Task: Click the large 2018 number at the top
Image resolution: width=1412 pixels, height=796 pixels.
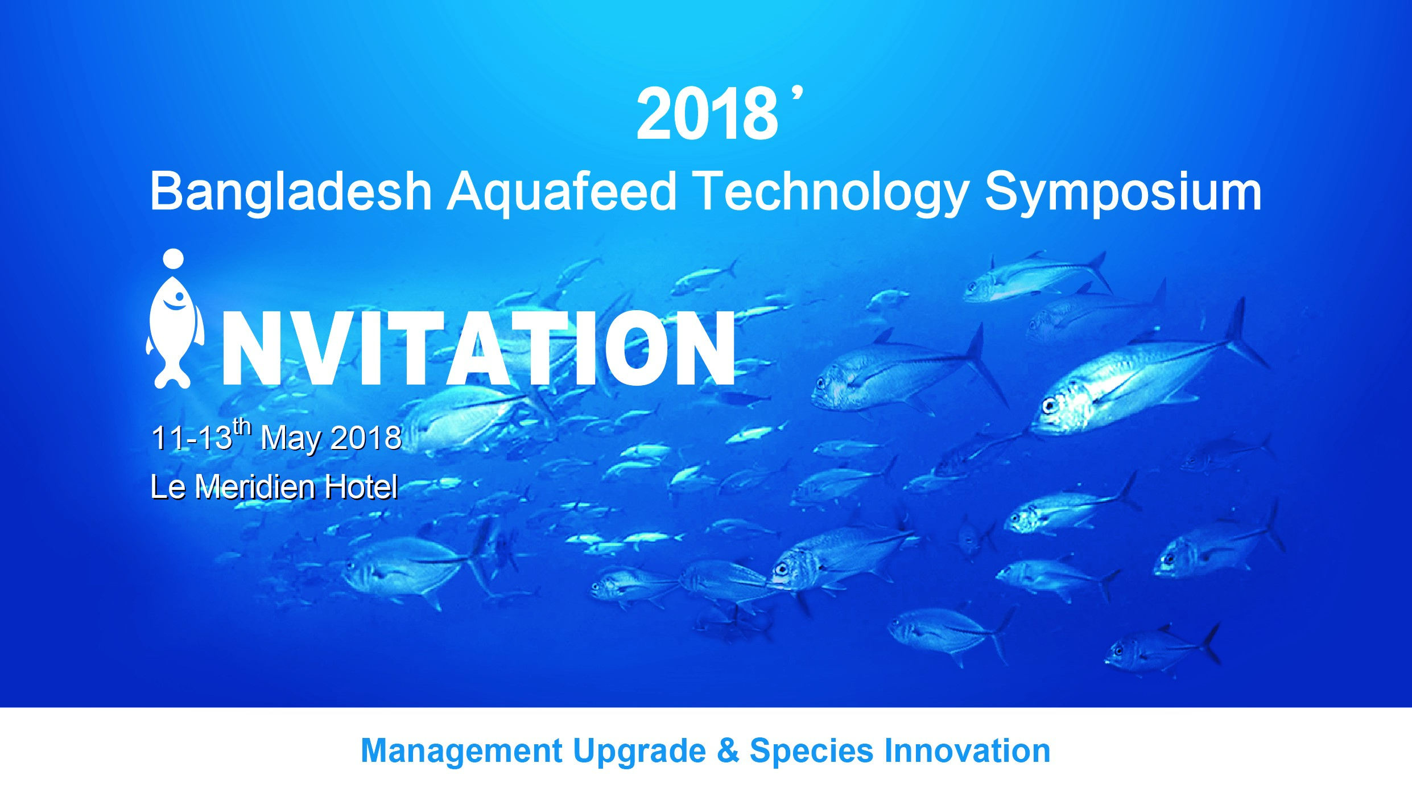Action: pyautogui.click(x=707, y=114)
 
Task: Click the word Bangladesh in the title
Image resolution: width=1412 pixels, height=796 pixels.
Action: pyautogui.click(x=291, y=192)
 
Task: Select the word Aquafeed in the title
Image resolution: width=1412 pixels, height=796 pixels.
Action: pyautogui.click(x=562, y=192)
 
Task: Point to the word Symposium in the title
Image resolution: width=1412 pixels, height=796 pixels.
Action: pyautogui.click(x=1124, y=192)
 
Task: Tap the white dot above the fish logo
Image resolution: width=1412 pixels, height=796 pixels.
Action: pyautogui.click(x=174, y=259)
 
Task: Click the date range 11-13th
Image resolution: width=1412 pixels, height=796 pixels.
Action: pyautogui.click(x=201, y=436)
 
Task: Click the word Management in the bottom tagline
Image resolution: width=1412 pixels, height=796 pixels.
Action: pyautogui.click(x=461, y=750)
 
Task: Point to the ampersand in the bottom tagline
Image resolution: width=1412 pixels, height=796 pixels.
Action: pyautogui.click(x=728, y=750)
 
